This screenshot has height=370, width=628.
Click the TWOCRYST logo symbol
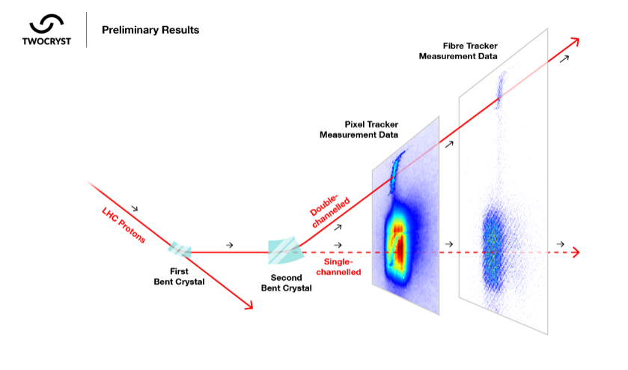(x=46, y=24)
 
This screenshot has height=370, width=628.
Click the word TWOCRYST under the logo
(x=46, y=41)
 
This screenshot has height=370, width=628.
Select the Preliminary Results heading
(x=150, y=30)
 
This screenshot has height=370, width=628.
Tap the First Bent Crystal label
(x=179, y=276)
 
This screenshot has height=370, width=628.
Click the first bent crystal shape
(x=180, y=249)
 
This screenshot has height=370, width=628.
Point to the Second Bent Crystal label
(x=287, y=283)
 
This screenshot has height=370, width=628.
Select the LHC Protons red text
(x=124, y=225)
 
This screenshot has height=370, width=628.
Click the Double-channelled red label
(x=329, y=211)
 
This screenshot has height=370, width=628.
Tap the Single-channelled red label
(x=338, y=267)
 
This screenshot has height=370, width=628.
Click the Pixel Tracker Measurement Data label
(x=359, y=130)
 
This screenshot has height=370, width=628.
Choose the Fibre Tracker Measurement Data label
(x=458, y=51)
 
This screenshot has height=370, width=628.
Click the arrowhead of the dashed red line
(x=576, y=252)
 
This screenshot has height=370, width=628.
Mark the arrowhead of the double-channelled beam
(x=575, y=42)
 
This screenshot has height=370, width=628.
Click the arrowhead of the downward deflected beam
(x=249, y=305)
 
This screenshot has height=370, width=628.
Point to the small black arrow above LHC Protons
(x=135, y=208)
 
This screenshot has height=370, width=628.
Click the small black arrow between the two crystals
(x=230, y=245)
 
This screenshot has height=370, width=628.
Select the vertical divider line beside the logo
(x=87, y=30)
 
